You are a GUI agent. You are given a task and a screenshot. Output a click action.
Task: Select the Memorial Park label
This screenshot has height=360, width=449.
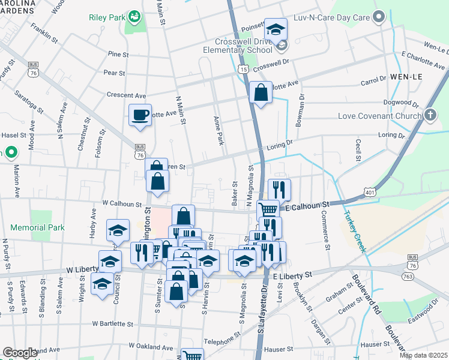click(x=37, y=228)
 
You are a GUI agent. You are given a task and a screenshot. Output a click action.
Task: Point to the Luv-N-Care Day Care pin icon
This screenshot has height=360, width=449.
click(x=378, y=17)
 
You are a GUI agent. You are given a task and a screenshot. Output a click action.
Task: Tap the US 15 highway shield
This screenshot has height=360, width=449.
click(x=243, y=70)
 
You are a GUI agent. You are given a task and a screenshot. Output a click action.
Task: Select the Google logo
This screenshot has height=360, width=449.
click(x=20, y=353)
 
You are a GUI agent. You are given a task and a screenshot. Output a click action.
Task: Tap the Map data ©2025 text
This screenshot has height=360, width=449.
click(x=423, y=355)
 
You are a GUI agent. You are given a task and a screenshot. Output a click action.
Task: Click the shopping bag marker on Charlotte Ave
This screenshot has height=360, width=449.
click(x=261, y=92)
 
